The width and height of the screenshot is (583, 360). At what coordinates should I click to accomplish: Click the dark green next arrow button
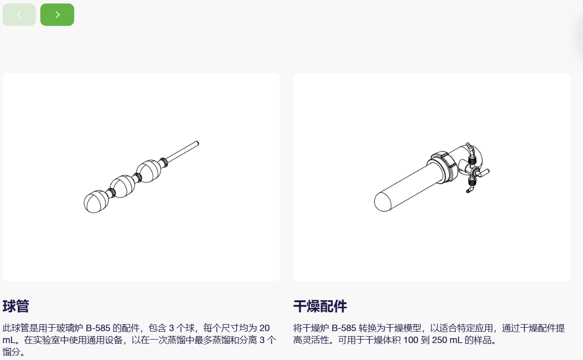tap(57, 14)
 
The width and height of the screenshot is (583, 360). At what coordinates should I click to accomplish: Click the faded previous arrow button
tap(19, 14)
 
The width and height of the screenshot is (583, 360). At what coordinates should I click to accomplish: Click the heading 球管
tap(15, 306)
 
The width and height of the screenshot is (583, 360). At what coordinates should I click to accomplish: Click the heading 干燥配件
tap(320, 306)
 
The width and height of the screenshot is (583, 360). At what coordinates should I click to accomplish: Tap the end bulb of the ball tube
tap(96, 201)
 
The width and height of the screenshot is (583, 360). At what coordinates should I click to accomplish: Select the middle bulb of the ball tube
tap(123, 186)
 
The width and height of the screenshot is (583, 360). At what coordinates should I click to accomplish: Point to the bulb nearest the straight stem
tap(149, 171)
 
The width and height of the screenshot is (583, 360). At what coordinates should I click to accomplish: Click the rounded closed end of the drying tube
tap(383, 202)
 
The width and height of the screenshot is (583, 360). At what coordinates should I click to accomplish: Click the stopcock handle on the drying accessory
tap(484, 173)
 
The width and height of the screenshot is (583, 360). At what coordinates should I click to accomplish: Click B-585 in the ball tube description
tap(98, 328)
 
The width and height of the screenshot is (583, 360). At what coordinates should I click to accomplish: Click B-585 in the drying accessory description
tap(344, 328)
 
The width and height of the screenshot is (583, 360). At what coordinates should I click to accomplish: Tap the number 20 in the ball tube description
tap(264, 328)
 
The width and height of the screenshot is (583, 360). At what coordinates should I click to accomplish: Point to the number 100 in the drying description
tap(411, 340)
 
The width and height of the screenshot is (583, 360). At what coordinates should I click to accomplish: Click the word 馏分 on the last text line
tap(11, 352)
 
